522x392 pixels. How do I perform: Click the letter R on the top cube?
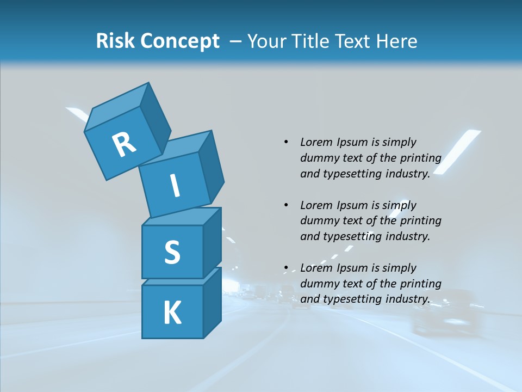pos(124,145)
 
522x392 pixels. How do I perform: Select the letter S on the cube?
pos(172,252)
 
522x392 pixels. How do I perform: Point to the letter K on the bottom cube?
pos(172,313)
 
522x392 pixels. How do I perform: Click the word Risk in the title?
pos(115,41)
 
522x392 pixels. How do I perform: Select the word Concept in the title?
pos(180,41)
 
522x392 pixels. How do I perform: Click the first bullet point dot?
pos(286,142)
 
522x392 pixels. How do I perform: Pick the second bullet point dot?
pos(286,205)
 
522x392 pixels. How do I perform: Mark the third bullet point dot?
pos(286,268)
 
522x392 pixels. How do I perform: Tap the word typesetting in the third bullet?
pos(353,299)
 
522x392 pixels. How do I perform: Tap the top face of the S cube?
pos(181,217)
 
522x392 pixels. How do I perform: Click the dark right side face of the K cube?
pos(212,302)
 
